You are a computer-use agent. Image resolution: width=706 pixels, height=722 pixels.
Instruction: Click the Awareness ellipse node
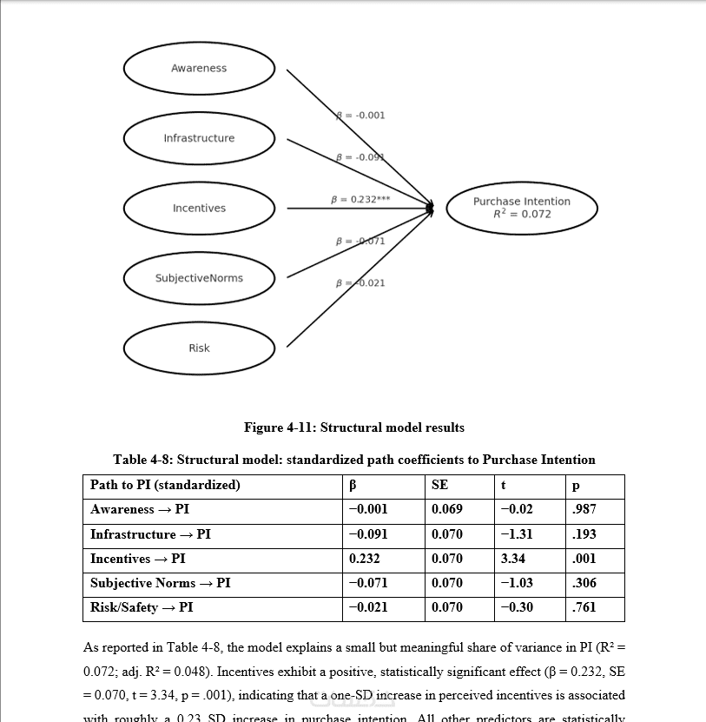199,69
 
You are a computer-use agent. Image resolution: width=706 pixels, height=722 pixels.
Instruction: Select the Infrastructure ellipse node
199,138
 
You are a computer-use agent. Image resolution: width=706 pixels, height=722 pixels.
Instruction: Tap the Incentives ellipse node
199,209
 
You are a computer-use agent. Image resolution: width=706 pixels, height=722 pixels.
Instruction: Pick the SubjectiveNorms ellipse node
199,278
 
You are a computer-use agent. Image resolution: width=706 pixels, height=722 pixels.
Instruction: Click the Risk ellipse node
199,348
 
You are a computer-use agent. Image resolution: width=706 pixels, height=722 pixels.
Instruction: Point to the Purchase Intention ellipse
522,208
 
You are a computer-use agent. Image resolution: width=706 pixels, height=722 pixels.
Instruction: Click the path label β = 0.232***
360,199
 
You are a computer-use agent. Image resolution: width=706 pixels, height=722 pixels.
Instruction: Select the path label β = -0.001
360,115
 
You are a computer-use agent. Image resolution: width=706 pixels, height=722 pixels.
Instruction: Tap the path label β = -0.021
360,282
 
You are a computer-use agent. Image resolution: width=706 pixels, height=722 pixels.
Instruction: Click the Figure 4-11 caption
353,427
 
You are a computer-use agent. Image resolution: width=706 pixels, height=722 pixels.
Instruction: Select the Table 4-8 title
353,460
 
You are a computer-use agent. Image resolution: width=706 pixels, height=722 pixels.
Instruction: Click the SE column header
440,485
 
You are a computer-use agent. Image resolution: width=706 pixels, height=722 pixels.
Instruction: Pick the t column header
504,485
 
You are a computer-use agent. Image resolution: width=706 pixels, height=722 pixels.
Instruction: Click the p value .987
585,509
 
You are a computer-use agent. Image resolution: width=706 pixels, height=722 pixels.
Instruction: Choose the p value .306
585,583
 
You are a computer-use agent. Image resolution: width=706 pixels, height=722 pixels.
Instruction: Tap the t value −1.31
517,534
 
